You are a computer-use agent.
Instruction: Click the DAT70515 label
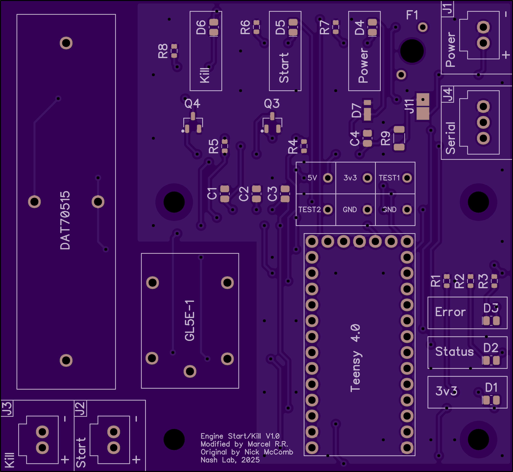(65, 220)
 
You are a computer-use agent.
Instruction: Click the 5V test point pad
(328, 178)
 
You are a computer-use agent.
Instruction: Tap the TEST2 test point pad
(328, 210)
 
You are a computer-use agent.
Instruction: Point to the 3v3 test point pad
(367, 178)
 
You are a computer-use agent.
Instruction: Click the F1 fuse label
(412, 15)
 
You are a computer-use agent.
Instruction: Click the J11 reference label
(410, 106)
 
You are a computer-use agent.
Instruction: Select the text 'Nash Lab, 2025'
(230, 460)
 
